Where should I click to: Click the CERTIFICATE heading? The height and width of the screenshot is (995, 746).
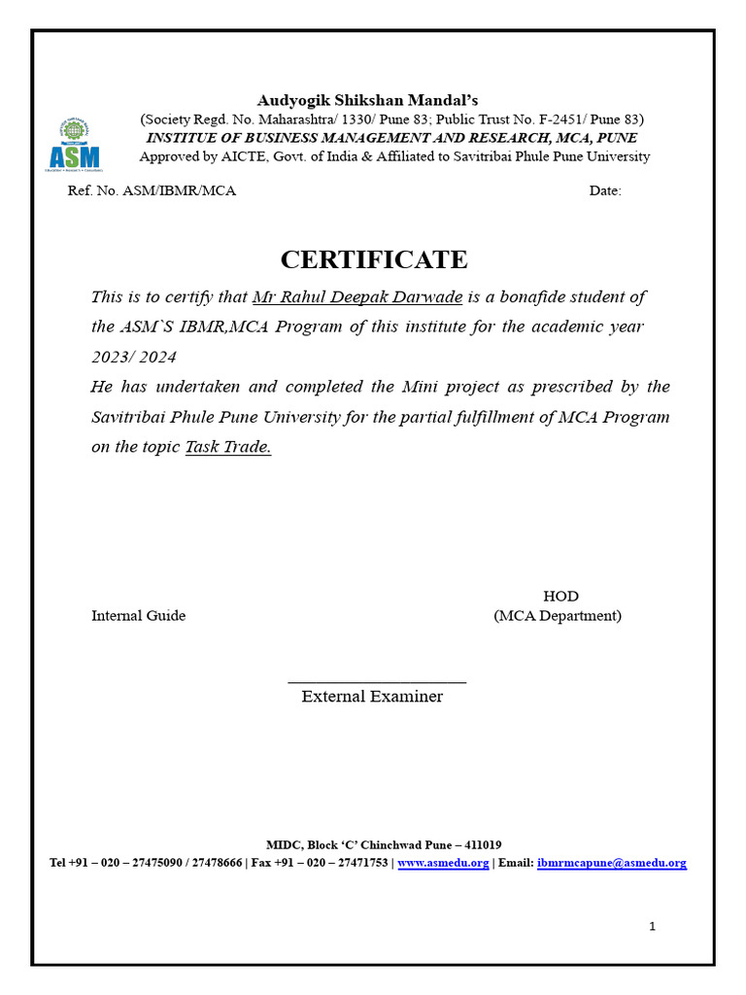click(x=374, y=259)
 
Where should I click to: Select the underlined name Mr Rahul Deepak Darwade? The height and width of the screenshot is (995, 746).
click(x=356, y=297)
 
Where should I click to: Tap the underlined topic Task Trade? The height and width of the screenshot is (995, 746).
click(x=227, y=448)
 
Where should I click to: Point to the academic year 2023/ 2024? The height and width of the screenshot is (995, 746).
click(x=134, y=358)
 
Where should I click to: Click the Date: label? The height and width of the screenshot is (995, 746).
click(x=605, y=190)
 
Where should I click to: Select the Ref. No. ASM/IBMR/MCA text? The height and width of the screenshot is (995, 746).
click(x=152, y=190)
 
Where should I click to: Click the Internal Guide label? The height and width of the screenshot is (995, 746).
click(x=138, y=615)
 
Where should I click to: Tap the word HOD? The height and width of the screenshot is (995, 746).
click(x=560, y=596)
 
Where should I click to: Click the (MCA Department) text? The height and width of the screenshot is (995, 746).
click(x=558, y=615)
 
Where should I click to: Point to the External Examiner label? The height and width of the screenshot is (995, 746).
click(x=372, y=696)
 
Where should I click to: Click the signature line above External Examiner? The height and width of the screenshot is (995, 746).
click(x=377, y=682)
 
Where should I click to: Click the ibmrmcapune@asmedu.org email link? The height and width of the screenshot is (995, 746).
click(x=611, y=862)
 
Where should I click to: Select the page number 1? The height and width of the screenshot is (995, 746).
click(x=653, y=926)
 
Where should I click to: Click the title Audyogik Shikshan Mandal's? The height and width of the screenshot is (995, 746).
click(x=367, y=100)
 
